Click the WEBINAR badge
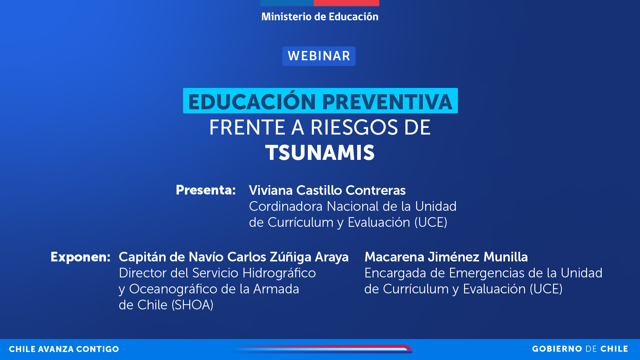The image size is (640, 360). pyautogui.click(x=319, y=56)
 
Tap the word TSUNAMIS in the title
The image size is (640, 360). pyautogui.click(x=320, y=153)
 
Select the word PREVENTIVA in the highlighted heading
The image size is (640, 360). pyautogui.click(x=387, y=102)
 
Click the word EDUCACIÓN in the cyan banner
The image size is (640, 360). pyautogui.click(x=252, y=102)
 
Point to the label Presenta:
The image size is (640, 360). pyautogui.click(x=206, y=190)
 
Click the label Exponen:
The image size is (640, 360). pyautogui.click(x=80, y=257)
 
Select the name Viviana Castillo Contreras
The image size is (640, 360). pyautogui.click(x=327, y=190)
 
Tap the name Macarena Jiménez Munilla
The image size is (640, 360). pyautogui.click(x=446, y=257)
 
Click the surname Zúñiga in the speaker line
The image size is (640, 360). pyautogui.click(x=291, y=257)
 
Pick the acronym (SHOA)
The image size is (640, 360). pyautogui.click(x=193, y=305)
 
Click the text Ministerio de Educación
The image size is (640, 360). pyautogui.click(x=320, y=17)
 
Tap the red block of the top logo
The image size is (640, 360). pyautogui.click(x=346, y=3)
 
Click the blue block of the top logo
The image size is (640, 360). pyautogui.click(x=287, y=3)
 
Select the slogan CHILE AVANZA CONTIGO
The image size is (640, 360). pyautogui.click(x=64, y=349)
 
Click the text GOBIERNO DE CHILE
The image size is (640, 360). pyautogui.click(x=580, y=349)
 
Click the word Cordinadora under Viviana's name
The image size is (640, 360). pyautogui.click(x=286, y=206)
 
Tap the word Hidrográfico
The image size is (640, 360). pyautogui.click(x=279, y=273)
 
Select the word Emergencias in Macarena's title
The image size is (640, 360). pyautogui.click(x=486, y=273)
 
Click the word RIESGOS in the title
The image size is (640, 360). pyautogui.click(x=354, y=128)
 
